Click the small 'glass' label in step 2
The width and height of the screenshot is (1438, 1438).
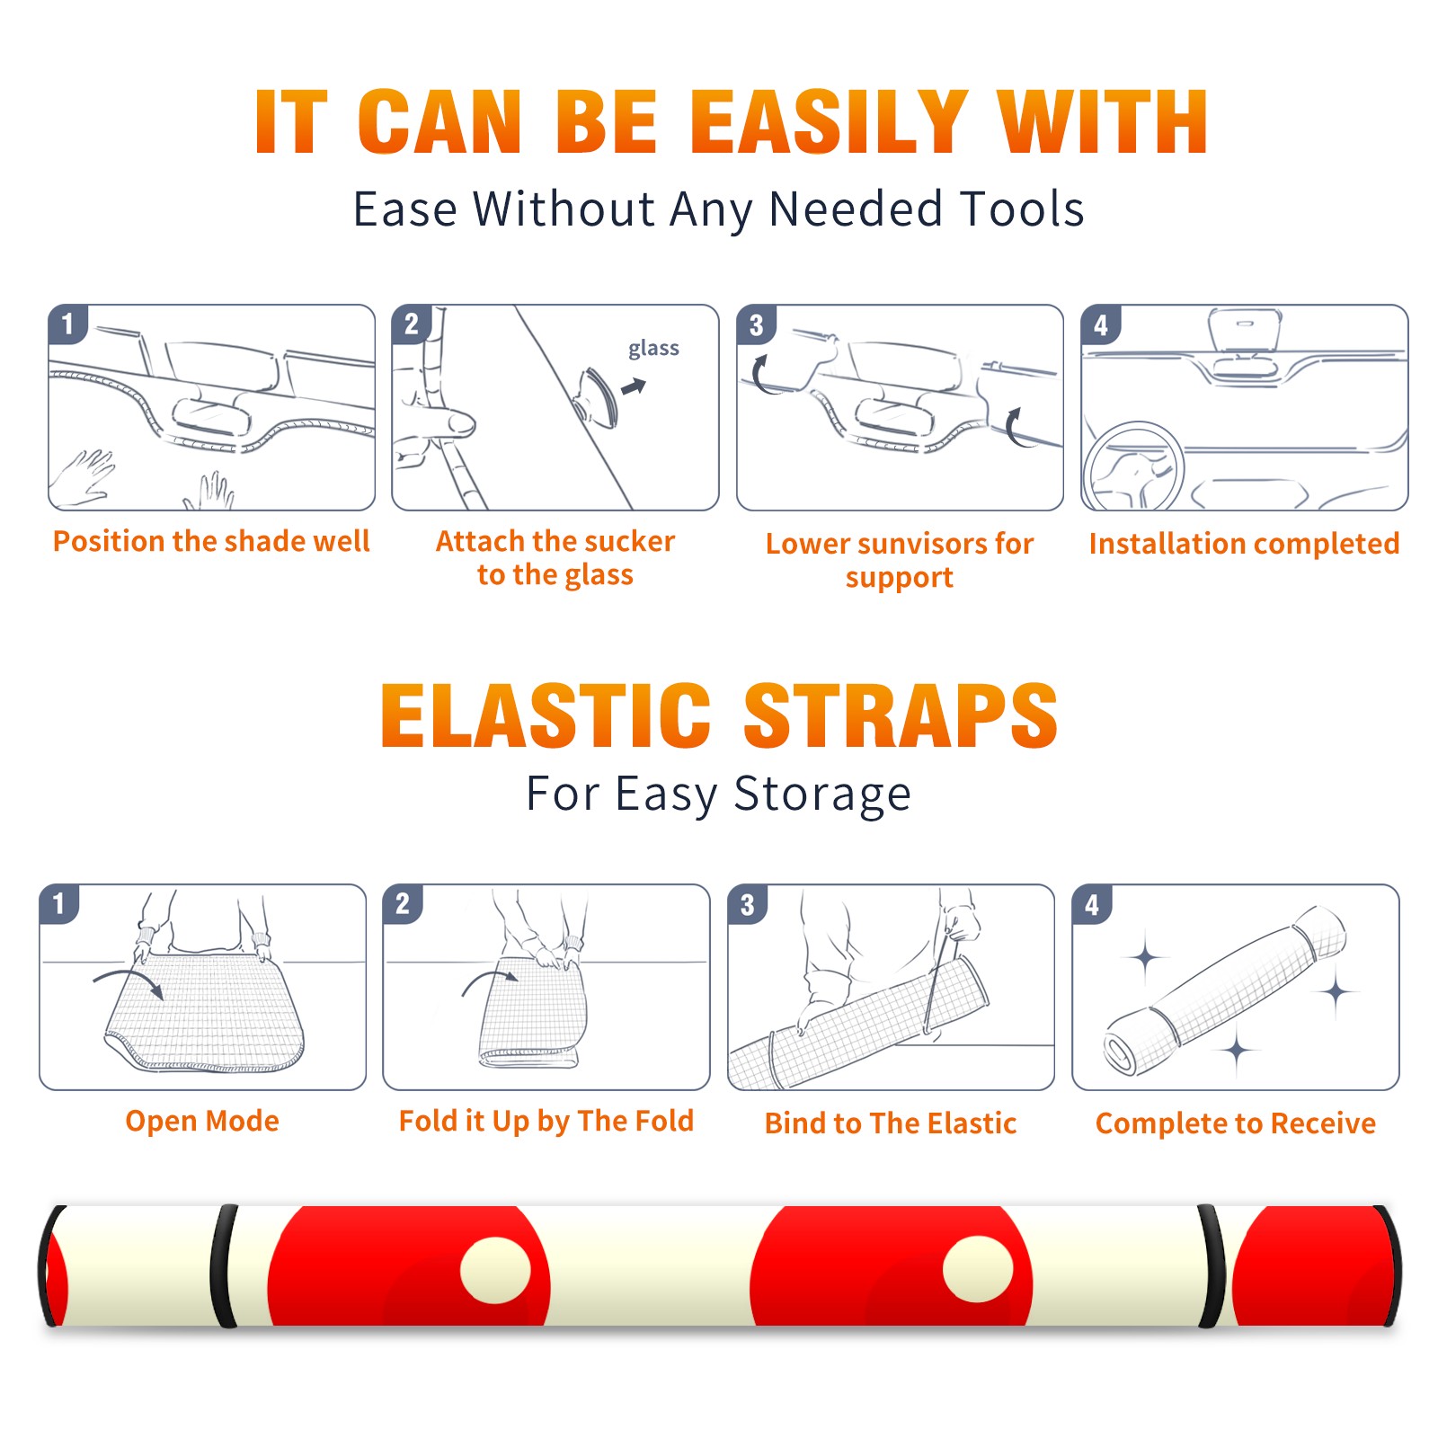click(x=653, y=349)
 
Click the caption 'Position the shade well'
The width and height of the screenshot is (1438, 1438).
click(x=211, y=541)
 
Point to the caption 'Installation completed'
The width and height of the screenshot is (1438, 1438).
click(x=1244, y=544)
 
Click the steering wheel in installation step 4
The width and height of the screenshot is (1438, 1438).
click(x=1133, y=467)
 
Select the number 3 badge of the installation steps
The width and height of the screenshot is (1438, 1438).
click(x=756, y=325)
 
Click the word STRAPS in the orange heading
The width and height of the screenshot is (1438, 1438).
click(x=901, y=715)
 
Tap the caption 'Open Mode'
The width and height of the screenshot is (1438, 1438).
click(x=202, y=1121)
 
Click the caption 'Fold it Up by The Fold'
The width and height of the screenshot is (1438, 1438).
click(x=546, y=1121)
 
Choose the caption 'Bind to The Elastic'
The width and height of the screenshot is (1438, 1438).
click(x=891, y=1123)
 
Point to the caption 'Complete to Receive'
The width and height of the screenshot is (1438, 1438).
click(x=1236, y=1123)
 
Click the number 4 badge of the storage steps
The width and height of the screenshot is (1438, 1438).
click(x=1092, y=905)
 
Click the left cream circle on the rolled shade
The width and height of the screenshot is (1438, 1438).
click(x=495, y=1270)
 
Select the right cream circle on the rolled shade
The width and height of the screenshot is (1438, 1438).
click(x=978, y=1269)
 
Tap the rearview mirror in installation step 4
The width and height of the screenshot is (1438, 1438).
click(x=1246, y=331)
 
